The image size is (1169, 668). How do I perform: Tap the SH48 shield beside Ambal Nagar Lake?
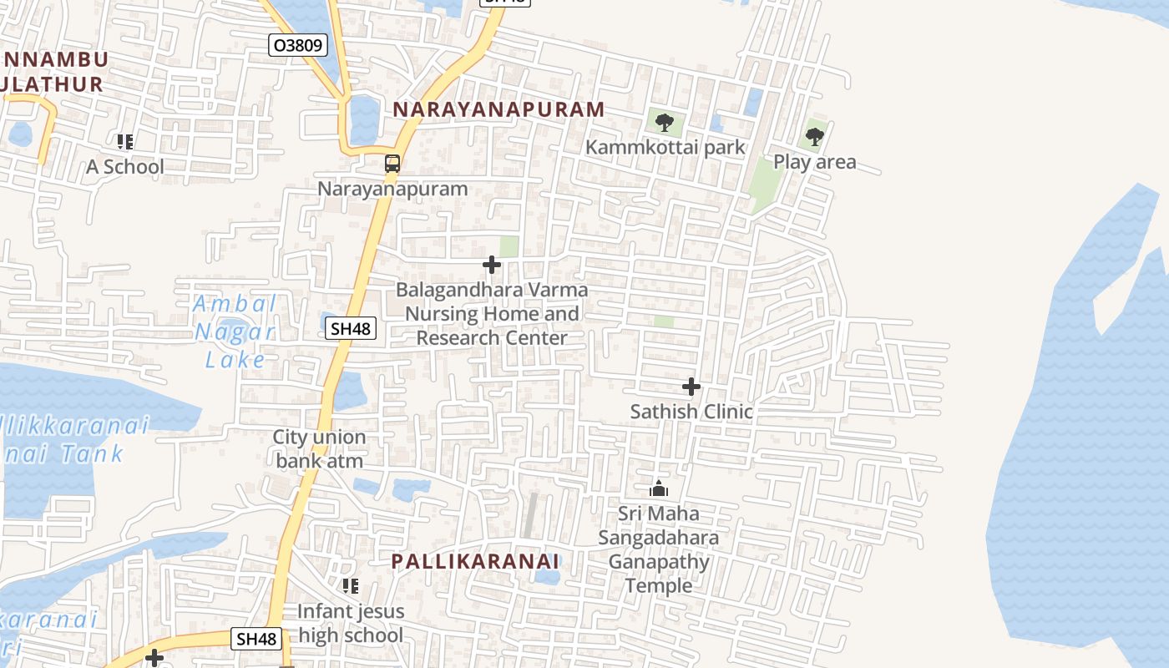(350, 329)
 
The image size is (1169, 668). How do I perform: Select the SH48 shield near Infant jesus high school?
(256, 640)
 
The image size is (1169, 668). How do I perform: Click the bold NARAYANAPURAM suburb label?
(498, 109)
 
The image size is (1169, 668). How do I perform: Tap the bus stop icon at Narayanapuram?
(392, 164)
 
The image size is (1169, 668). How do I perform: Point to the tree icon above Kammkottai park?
(664, 123)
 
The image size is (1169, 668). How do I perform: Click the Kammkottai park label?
(665, 148)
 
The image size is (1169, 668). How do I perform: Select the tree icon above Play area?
(814, 136)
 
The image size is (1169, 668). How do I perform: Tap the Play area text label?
(814, 162)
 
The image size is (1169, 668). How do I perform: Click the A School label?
(125, 167)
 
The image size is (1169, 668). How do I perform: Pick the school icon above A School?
(125, 142)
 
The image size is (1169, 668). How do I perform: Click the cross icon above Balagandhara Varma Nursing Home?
(492, 266)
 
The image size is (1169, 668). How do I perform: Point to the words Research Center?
(492, 338)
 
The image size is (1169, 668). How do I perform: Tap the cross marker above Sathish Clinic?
(691, 387)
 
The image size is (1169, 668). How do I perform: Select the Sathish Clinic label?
(691, 412)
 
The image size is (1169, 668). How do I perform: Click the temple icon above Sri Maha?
(659, 488)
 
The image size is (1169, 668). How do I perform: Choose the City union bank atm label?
(320, 449)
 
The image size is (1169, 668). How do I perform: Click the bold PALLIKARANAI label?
(475, 561)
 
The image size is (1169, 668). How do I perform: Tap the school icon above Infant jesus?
(351, 586)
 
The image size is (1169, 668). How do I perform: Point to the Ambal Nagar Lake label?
(235, 331)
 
